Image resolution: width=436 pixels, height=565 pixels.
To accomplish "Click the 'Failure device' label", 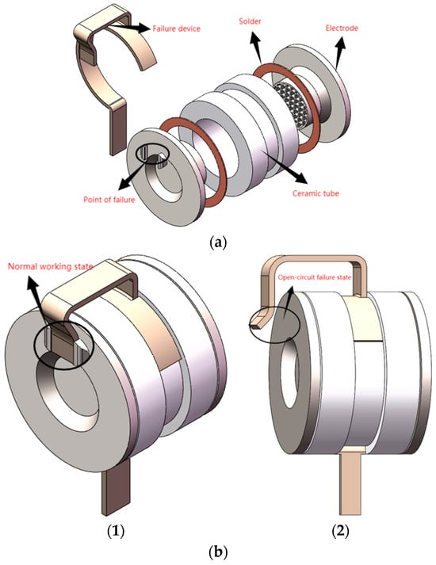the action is click(x=176, y=29).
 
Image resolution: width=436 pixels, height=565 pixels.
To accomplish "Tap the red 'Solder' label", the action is click(x=250, y=21).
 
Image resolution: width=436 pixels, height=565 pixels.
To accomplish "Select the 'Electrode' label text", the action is click(x=342, y=28).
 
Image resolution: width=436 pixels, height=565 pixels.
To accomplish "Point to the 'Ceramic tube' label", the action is click(x=316, y=193).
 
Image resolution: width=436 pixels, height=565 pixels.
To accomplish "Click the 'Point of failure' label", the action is click(x=109, y=199).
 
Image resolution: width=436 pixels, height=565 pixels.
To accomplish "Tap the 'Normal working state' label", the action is click(x=51, y=266).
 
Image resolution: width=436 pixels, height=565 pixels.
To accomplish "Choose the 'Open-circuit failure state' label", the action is click(x=315, y=277).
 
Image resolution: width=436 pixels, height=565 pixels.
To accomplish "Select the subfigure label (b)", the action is click(x=218, y=552).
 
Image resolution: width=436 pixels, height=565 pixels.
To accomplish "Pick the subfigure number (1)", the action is click(x=116, y=531).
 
